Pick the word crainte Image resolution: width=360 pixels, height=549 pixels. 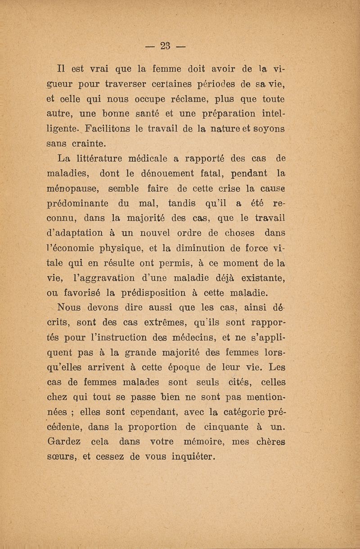(87, 144)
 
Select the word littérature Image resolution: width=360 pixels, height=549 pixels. (109, 159)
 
